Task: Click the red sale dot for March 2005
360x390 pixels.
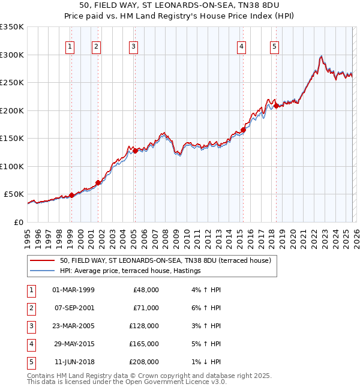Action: coord(135,151)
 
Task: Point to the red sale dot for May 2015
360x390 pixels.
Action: coord(244,130)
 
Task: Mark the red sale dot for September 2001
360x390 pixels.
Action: coord(98,182)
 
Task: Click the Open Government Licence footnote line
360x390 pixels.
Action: coord(127,382)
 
